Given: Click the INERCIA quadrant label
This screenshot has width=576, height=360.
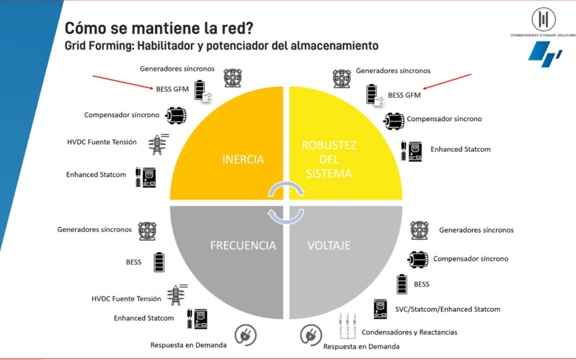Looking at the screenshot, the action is click(x=243, y=159).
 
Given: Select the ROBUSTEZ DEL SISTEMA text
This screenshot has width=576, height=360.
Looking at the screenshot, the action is click(x=329, y=159).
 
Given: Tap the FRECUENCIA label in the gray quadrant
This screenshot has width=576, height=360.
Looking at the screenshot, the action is click(x=243, y=245).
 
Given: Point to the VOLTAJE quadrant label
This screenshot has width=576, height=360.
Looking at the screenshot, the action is click(x=329, y=245).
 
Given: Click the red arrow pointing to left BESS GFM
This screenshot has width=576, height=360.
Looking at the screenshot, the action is click(x=123, y=82).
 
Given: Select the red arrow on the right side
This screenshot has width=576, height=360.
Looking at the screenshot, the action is click(x=447, y=82).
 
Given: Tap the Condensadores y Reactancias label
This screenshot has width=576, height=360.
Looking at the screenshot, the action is click(x=409, y=332).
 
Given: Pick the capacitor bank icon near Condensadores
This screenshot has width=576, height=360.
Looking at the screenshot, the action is click(x=348, y=325).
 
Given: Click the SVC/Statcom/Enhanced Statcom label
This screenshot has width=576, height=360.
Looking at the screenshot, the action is click(x=447, y=309).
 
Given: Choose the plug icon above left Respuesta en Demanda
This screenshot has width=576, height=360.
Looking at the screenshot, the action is click(x=245, y=335).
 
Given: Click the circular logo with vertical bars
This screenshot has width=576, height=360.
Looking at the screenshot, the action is click(x=543, y=19).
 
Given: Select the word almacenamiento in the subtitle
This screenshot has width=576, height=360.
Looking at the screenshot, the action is click(x=334, y=45).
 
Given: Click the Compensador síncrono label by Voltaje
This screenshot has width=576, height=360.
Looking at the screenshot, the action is click(x=470, y=259).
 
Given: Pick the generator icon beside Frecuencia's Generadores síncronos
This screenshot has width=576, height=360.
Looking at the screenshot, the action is click(x=147, y=231).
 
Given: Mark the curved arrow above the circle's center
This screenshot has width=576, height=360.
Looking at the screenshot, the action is click(x=286, y=189).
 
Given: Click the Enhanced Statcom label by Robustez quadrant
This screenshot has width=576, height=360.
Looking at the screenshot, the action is click(x=460, y=149).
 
